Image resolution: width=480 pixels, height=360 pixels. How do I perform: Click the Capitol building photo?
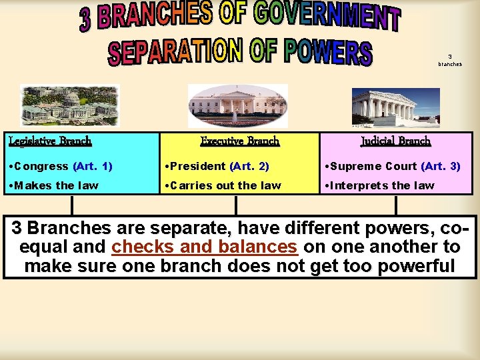click(x=69, y=105)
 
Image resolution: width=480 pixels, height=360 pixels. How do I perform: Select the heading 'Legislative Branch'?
click(x=50, y=141)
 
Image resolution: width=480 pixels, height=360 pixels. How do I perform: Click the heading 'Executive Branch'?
click(x=240, y=141)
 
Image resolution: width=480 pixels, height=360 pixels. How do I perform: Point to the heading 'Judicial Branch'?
click(x=396, y=141)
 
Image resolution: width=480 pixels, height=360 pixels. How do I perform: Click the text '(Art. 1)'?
click(x=93, y=166)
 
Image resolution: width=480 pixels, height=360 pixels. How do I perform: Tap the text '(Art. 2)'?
click(x=249, y=166)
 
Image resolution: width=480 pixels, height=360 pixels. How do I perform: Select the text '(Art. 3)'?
click(x=441, y=166)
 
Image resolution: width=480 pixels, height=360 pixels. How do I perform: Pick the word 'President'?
click(x=198, y=166)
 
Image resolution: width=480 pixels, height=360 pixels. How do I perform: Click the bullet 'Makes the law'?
click(x=53, y=185)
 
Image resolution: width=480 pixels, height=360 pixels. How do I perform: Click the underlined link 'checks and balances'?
click(x=205, y=247)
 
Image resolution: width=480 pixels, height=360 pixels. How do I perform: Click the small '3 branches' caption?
click(x=450, y=60)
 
